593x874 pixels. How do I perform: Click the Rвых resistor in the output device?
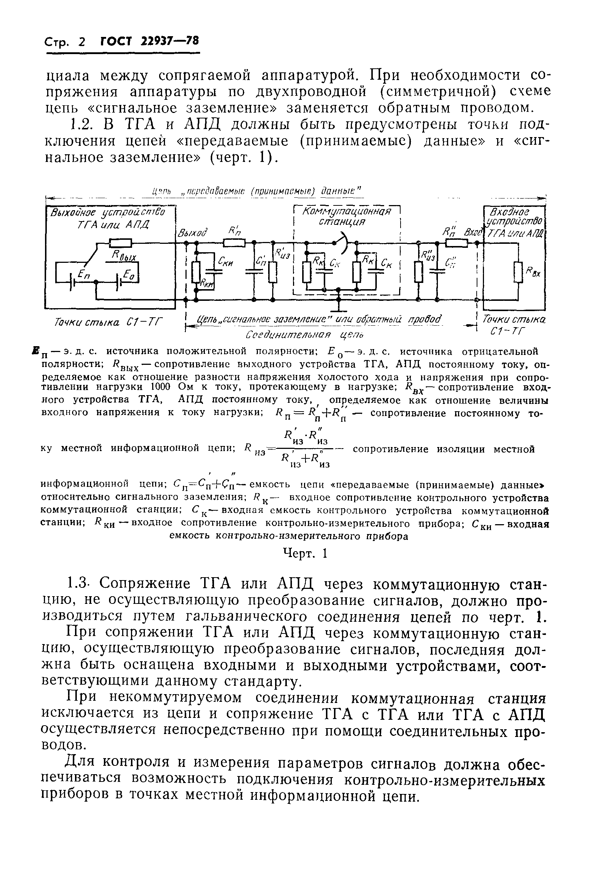click(x=120, y=243)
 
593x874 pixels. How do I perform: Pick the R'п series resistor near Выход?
click(x=234, y=243)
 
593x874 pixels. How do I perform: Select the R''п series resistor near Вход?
click(x=456, y=243)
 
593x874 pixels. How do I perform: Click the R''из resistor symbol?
click(x=419, y=272)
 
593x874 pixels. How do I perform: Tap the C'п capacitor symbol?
click(x=254, y=272)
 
